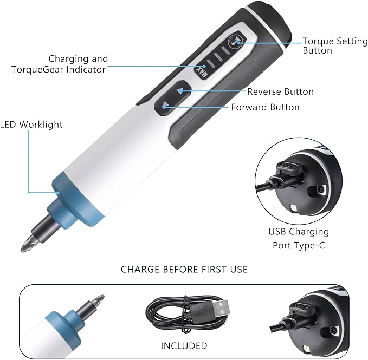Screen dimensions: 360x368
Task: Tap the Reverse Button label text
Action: [x=280, y=91]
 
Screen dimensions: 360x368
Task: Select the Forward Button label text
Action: [x=265, y=107]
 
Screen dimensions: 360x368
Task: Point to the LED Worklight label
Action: [x=31, y=125]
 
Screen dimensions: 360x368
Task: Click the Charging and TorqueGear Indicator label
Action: [x=78, y=64]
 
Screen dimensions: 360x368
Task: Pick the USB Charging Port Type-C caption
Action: [x=299, y=238]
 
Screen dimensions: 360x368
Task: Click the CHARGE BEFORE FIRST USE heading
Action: [x=184, y=269]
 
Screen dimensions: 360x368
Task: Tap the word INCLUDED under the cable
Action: [x=184, y=345]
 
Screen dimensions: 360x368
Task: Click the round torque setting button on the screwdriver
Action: [x=237, y=40]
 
